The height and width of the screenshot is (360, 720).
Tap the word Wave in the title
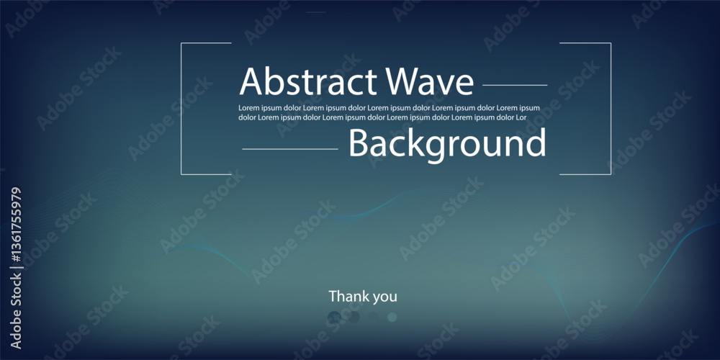429,81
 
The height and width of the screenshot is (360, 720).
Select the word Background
447,144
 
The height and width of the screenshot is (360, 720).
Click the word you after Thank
384,297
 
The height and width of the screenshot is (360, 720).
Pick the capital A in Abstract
251,81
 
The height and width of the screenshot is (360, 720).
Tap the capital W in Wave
402,81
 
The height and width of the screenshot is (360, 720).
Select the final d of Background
537,143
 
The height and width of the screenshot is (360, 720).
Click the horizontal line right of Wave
515,85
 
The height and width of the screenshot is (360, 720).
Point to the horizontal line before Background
290,149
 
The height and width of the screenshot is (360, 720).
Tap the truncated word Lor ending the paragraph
521,117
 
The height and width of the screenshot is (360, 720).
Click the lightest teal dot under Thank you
392,317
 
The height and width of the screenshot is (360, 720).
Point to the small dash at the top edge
316,12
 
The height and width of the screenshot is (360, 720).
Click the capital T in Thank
333,296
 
